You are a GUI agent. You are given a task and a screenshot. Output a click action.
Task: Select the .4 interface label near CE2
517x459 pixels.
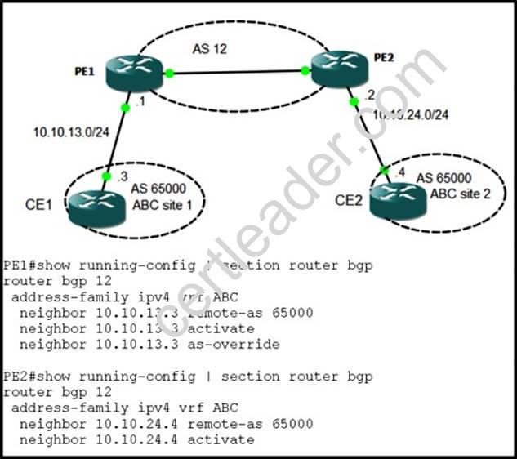399,172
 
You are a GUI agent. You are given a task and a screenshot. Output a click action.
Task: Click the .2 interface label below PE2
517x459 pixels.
370,96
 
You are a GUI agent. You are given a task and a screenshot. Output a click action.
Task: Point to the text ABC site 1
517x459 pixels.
163,204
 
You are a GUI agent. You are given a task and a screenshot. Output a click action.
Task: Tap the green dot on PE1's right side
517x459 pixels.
169,74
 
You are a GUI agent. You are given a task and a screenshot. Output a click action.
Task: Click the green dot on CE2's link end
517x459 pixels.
385,170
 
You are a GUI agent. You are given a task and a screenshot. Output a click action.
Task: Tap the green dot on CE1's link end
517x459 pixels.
106,176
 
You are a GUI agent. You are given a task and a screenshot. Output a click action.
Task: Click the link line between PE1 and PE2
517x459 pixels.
237,72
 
